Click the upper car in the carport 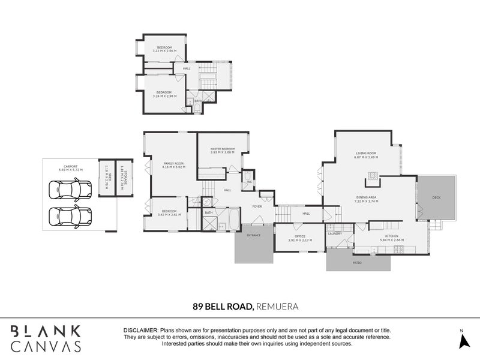coord(70,191)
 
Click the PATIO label coord(356,262)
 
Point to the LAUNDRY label coord(334,234)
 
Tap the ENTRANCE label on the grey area coord(253,235)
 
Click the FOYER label coord(257,206)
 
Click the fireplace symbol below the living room coord(373,176)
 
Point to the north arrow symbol coord(463,340)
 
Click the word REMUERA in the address coord(277,306)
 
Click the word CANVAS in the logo coord(46,347)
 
